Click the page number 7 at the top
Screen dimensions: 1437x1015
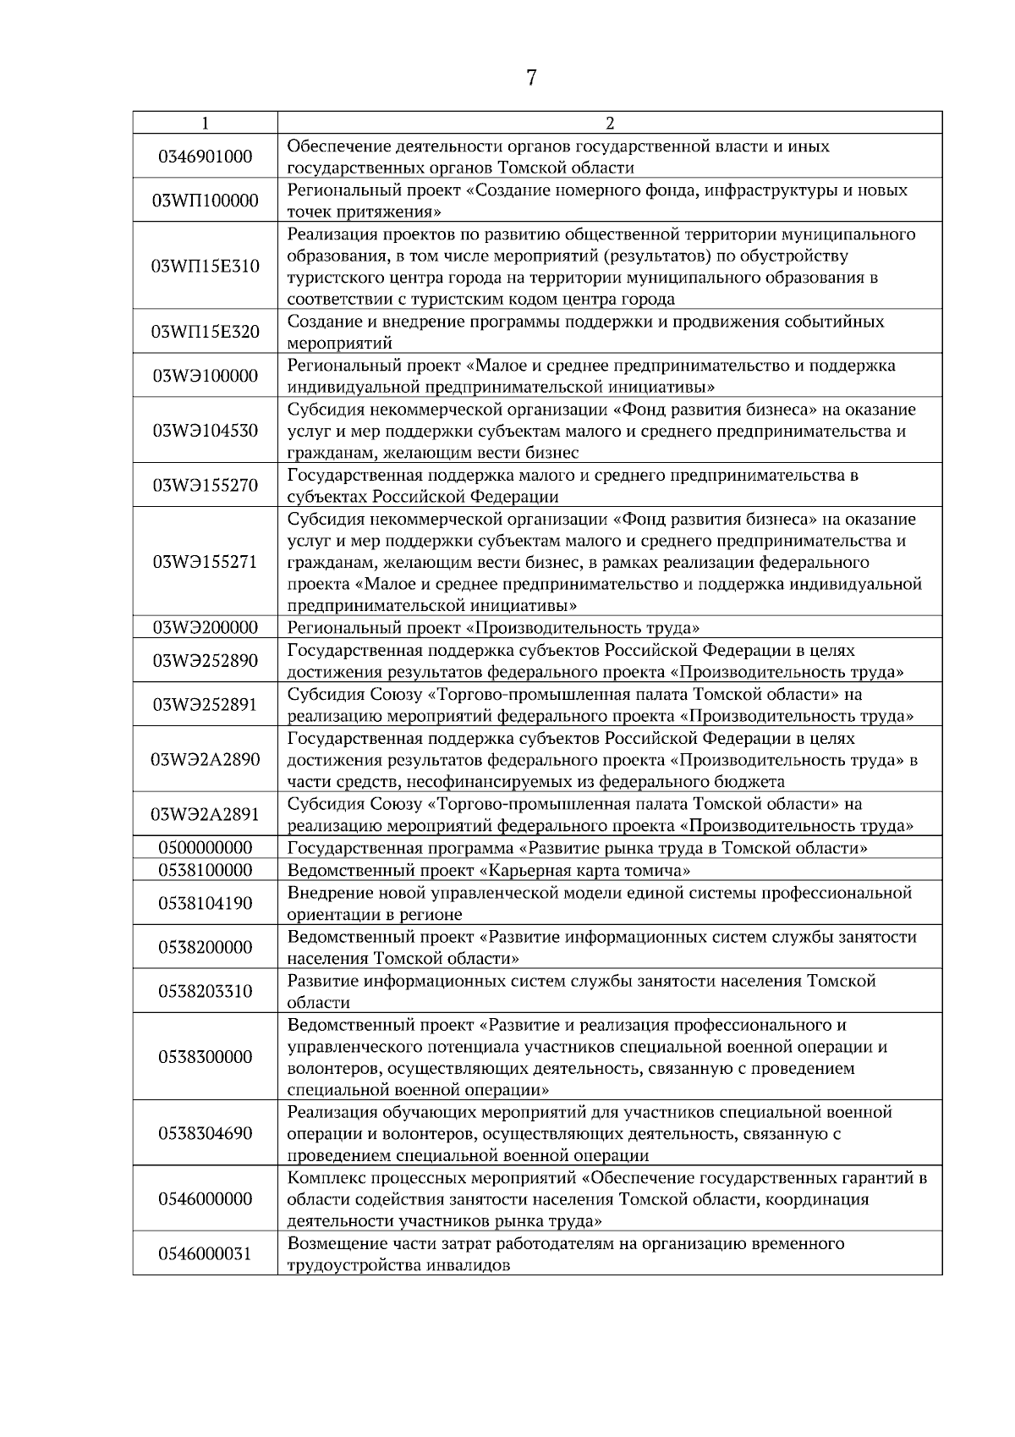click(531, 79)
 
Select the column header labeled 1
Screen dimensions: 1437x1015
click(205, 124)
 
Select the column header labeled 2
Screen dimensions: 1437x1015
click(610, 124)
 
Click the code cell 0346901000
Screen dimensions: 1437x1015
click(206, 157)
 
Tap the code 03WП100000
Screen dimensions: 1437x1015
click(206, 201)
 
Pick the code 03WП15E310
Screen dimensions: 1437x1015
click(206, 267)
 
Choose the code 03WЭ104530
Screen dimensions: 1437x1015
click(206, 431)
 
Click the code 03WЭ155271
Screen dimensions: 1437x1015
click(206, 562)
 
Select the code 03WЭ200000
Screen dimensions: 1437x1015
click(206, 628)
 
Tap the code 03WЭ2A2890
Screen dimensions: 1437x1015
click(206, 760)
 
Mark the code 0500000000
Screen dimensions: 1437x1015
click(206, 848)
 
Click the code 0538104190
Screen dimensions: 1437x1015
click(206, 904)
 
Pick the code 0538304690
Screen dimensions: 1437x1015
click(206, 1133)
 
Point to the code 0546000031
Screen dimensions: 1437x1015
click(206, 1254)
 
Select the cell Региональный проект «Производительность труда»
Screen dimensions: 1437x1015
click(494, 628)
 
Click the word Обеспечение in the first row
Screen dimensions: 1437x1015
click(333, 146)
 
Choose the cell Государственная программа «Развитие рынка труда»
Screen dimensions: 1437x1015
click(578, 848)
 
